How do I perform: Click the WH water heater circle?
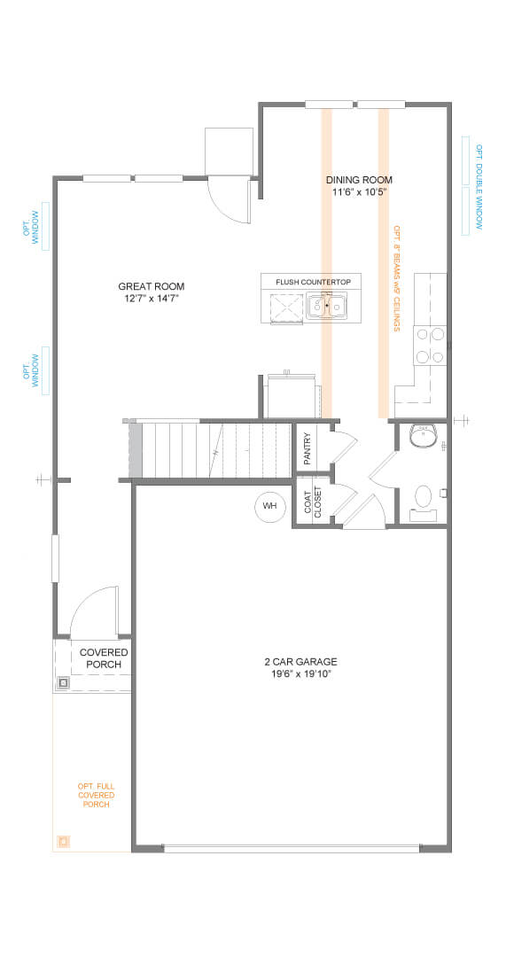[269, 506]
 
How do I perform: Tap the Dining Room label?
[359, 180]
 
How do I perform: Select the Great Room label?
[152, 286]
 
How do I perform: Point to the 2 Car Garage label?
[300, 662]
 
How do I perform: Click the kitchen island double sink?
[327, 305]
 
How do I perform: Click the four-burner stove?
[430, 346]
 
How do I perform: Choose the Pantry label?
[307, 448]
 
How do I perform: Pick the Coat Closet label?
[313, 502]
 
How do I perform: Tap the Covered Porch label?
[104, 658]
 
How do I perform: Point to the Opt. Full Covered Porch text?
[97, 795]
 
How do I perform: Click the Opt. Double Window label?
[479, 187]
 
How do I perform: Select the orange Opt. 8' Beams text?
[396, 278]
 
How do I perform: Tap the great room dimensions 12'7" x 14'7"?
[152, 299]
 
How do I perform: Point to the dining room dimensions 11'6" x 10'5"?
[359, 191]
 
